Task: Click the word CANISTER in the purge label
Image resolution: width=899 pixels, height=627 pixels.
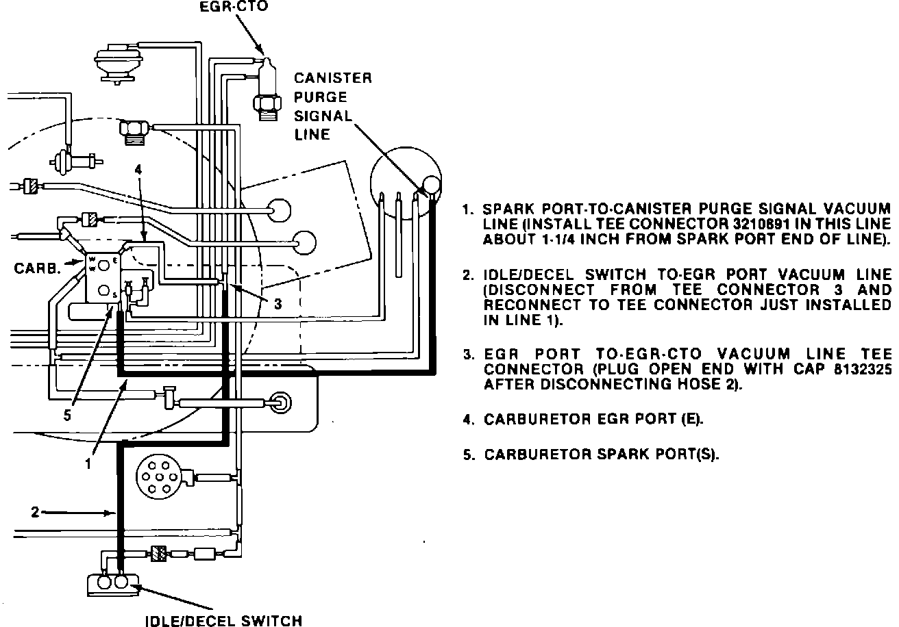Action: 333,78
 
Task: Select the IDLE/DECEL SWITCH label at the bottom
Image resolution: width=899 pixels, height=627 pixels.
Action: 224,620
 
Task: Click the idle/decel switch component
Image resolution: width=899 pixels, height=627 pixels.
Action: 113,583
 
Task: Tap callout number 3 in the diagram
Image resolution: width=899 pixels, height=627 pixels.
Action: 278,305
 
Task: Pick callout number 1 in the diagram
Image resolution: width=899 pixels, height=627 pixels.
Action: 88,463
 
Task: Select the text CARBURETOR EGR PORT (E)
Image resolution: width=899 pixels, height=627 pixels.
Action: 593,419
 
